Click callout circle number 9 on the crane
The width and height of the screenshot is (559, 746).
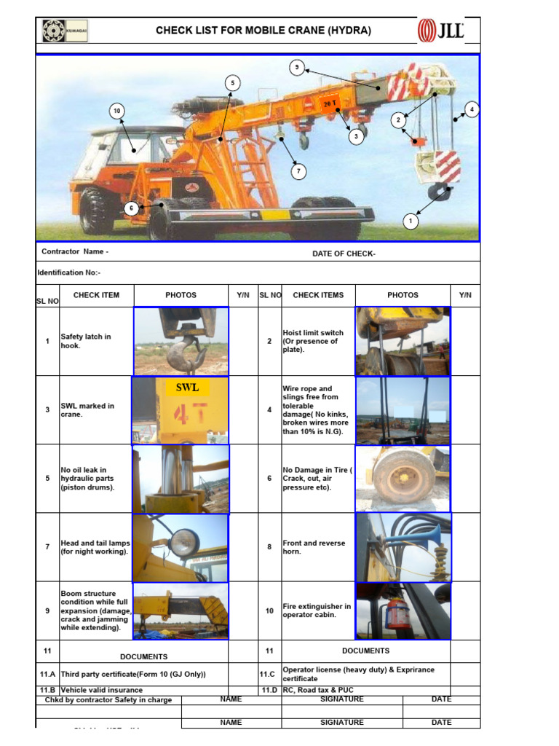click(296, 68)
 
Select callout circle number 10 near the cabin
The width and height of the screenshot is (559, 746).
click(116, 111)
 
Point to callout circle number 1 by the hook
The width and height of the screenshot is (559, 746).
click(411, 221)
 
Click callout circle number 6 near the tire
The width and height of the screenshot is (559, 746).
click(131, 208)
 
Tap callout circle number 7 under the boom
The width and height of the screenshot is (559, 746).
click(298, 172)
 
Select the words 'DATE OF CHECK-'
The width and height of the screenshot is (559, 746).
click(344, 254)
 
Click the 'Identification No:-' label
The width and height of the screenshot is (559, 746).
click(69, 272)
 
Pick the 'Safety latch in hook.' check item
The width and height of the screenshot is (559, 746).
click(86, 341)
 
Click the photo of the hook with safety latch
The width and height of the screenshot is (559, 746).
click(181, 341)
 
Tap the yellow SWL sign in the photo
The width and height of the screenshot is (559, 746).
click(186, 388)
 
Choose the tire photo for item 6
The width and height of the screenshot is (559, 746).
click(403, 479)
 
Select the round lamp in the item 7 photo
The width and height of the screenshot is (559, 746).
click(183, 541)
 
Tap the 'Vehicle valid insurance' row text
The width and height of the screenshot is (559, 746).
click(102, 690)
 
